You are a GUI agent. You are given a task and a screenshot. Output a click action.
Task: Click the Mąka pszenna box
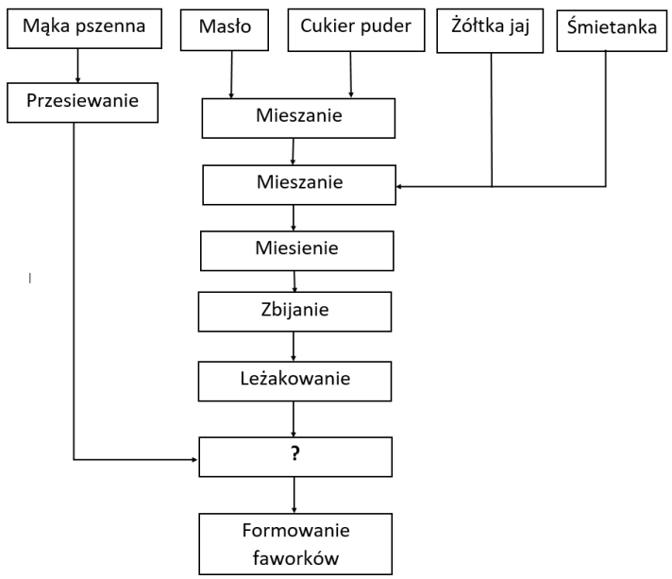tap(84, 28)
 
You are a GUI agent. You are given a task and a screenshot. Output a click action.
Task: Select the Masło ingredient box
tap(225, 30)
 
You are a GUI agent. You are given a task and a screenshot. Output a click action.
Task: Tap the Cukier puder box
tap(356, 30)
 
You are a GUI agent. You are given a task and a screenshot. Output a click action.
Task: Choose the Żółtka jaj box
tap(490, 31)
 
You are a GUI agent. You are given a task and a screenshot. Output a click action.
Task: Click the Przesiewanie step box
tap(82, 103)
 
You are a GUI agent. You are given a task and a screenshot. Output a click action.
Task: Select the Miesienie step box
tap(297, 251)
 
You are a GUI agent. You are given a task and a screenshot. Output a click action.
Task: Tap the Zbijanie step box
tap(294, 312)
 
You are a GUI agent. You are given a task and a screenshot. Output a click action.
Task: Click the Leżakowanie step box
tap(294, 382)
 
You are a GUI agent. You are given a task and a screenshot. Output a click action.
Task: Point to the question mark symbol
tap(294, 453)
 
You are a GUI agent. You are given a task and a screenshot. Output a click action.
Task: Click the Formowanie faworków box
tap(295, 544)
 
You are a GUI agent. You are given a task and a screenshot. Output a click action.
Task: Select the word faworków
tap(295, 558)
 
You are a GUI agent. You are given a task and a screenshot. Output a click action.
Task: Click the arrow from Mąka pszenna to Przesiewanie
tap(77, 65)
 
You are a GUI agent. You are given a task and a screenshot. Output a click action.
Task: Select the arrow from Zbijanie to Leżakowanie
tap(294, 347)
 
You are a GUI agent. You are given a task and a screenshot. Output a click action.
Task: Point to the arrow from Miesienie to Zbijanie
tap(294, 281)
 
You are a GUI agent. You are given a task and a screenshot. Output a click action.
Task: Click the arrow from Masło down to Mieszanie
tap(231, 75)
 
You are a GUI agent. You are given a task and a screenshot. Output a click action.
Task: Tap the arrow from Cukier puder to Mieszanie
tap(350, 75)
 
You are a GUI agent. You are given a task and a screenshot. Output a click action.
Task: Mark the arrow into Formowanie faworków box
tap(294, 495)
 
